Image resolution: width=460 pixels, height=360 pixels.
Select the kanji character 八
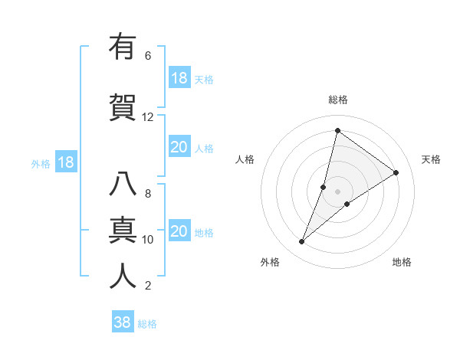123,185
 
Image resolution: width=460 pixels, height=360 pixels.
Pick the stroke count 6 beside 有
148,56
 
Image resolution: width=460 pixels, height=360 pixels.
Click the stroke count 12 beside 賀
148,117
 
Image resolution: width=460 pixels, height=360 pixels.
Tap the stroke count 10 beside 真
148,240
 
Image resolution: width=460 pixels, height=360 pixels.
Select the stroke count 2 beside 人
148,286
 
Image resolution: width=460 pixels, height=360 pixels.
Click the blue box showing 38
122,322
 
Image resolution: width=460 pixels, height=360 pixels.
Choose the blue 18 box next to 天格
179,78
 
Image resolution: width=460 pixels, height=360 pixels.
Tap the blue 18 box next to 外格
65,162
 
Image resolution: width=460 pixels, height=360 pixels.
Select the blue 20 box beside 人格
179,147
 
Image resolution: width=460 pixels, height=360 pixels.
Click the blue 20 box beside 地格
179,231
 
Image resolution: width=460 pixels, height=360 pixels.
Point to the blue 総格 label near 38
147,324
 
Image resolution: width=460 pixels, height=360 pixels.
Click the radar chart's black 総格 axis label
338,100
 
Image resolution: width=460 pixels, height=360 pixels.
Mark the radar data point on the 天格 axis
396,172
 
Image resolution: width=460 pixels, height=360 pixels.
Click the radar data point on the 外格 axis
302,242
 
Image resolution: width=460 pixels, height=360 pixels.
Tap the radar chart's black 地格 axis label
402,262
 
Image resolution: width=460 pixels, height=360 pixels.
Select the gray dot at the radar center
338,191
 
